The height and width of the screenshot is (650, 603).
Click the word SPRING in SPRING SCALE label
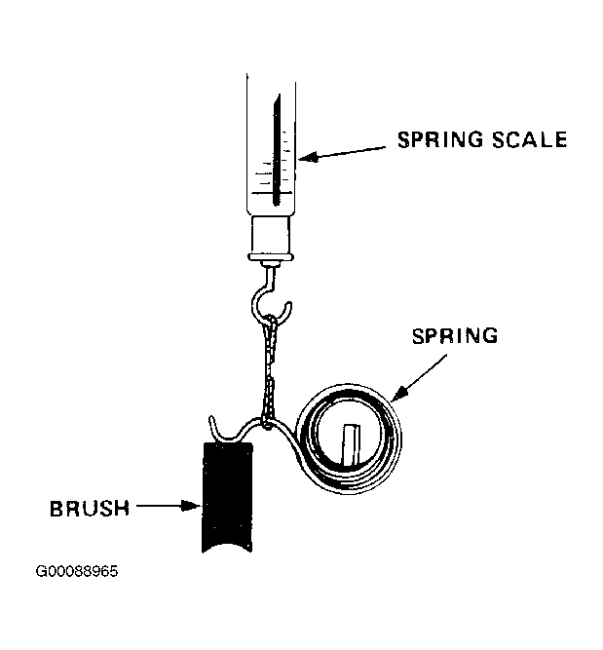point(440,139)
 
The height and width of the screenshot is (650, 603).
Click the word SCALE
point(530,139)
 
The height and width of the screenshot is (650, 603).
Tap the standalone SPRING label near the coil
point(455,336)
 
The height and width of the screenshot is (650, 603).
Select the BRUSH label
point(90,509)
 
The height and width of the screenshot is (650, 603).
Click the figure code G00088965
point(77,571)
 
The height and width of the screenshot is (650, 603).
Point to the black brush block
point(227,497)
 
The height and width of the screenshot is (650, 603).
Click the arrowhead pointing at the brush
point(192,506)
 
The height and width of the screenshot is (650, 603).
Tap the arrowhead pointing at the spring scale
point(309,157)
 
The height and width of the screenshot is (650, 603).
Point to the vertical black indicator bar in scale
point(276,150)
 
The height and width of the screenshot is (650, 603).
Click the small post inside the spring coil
point(351,444)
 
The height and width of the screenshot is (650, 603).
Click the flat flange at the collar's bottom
point(271,257)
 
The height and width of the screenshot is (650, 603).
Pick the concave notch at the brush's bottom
point(226,547)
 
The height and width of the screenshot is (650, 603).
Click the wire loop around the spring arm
point(268,424)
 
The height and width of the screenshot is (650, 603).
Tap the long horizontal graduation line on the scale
point(272,193)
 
